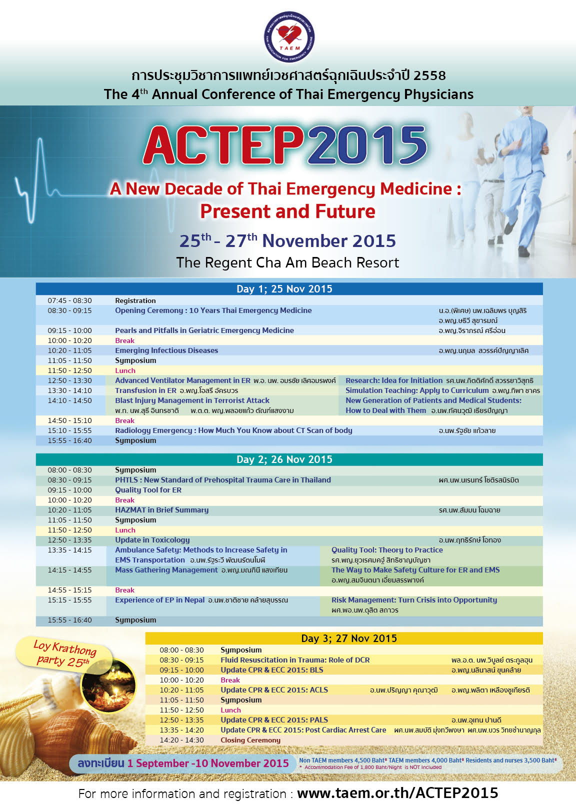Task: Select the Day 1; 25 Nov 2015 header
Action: [284, 289]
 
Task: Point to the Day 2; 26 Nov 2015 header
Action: [284, 459]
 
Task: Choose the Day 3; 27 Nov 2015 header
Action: [348, 638]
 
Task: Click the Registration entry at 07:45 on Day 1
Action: [135, 300]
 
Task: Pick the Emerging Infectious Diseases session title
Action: [166, 350]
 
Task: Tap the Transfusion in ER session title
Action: [145, 390]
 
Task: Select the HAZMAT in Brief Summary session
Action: [161, 510]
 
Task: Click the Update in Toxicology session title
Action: [152, 540]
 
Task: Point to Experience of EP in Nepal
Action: [160, 600]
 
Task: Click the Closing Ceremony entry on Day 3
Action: [250, 740]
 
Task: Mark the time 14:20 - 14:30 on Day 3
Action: [181, 740]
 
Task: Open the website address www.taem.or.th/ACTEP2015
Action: [397, 793]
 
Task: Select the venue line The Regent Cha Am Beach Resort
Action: [287, 263]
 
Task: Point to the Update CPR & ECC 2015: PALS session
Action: [274, 720]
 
